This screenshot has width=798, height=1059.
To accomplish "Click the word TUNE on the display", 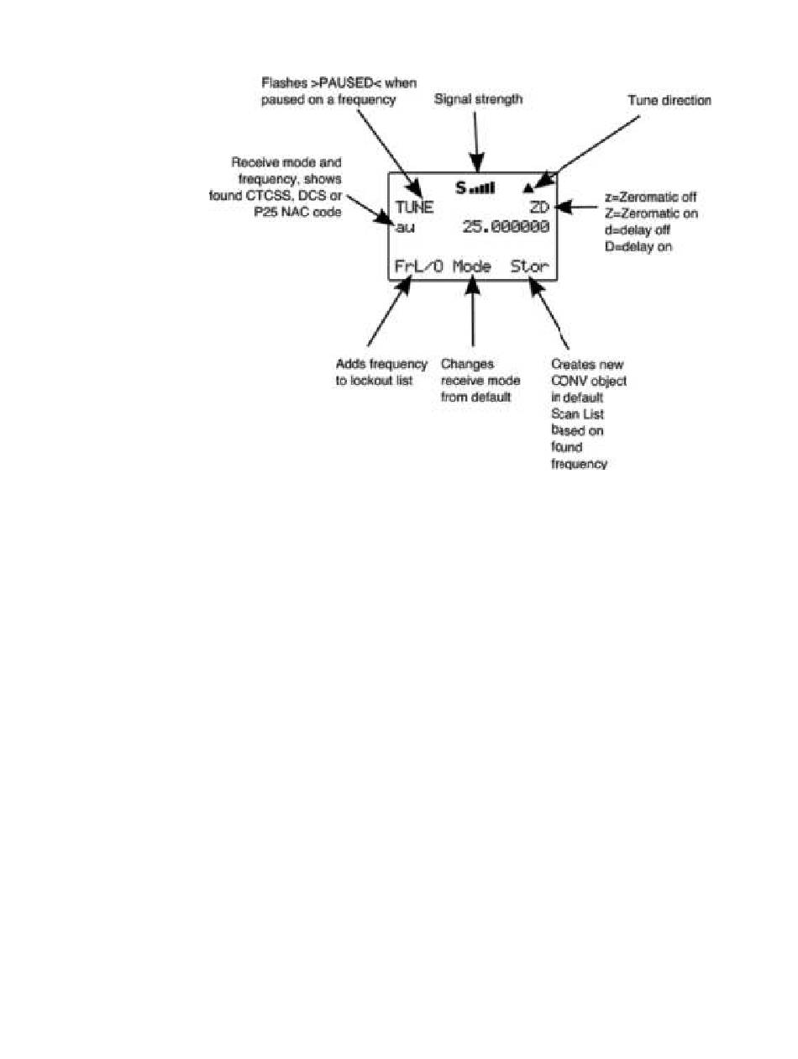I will click(x=414, y=208).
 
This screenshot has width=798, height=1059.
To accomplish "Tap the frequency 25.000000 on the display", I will click(x=506, y=227).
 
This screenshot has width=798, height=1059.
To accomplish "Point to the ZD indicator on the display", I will click(x=539, y=208).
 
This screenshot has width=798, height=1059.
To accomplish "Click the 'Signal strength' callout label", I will click(x=478, y=99).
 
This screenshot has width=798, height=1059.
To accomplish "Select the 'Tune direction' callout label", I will click(x=669, y=100).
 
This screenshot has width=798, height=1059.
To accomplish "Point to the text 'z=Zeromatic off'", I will click(x=651, y=197).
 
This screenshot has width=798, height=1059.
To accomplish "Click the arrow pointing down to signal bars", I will click(x=477, y=139).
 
